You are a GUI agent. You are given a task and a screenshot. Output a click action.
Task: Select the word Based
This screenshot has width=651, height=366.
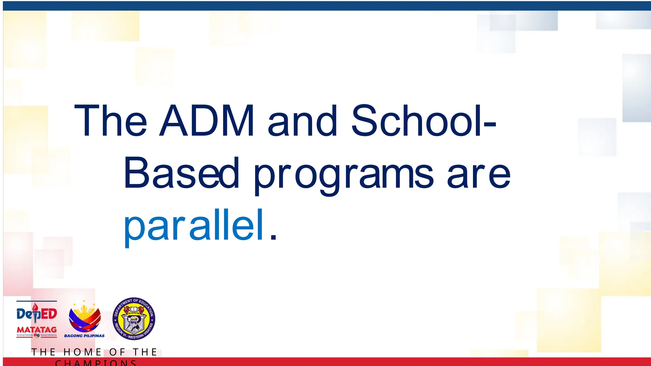pyautogui.click(x=181, y=173)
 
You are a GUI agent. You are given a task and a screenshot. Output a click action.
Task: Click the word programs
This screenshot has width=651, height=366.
pyautogui.click(x=343, y=175)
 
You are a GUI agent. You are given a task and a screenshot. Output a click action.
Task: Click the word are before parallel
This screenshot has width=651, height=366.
pyautogui.click(x=478, y=175)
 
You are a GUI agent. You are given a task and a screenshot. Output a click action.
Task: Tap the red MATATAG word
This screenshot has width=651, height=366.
pyautogui.click(x=37, y=330)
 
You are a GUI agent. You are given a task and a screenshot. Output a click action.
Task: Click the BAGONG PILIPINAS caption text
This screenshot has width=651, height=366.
pyautogui.click(x=84, y=336)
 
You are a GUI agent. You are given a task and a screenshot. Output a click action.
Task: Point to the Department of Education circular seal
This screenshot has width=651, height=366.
pyautogui.click(x=134, y=319)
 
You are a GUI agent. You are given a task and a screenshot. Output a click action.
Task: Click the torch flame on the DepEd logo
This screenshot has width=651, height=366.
pyautogui.click(x=36, y=306)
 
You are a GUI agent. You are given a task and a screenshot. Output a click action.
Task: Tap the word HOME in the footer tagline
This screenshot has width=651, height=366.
pyautogui.click(x=82, y=352)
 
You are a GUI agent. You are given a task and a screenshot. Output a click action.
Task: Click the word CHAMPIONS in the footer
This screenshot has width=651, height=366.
pyautogui.click(x=96, y=363)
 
